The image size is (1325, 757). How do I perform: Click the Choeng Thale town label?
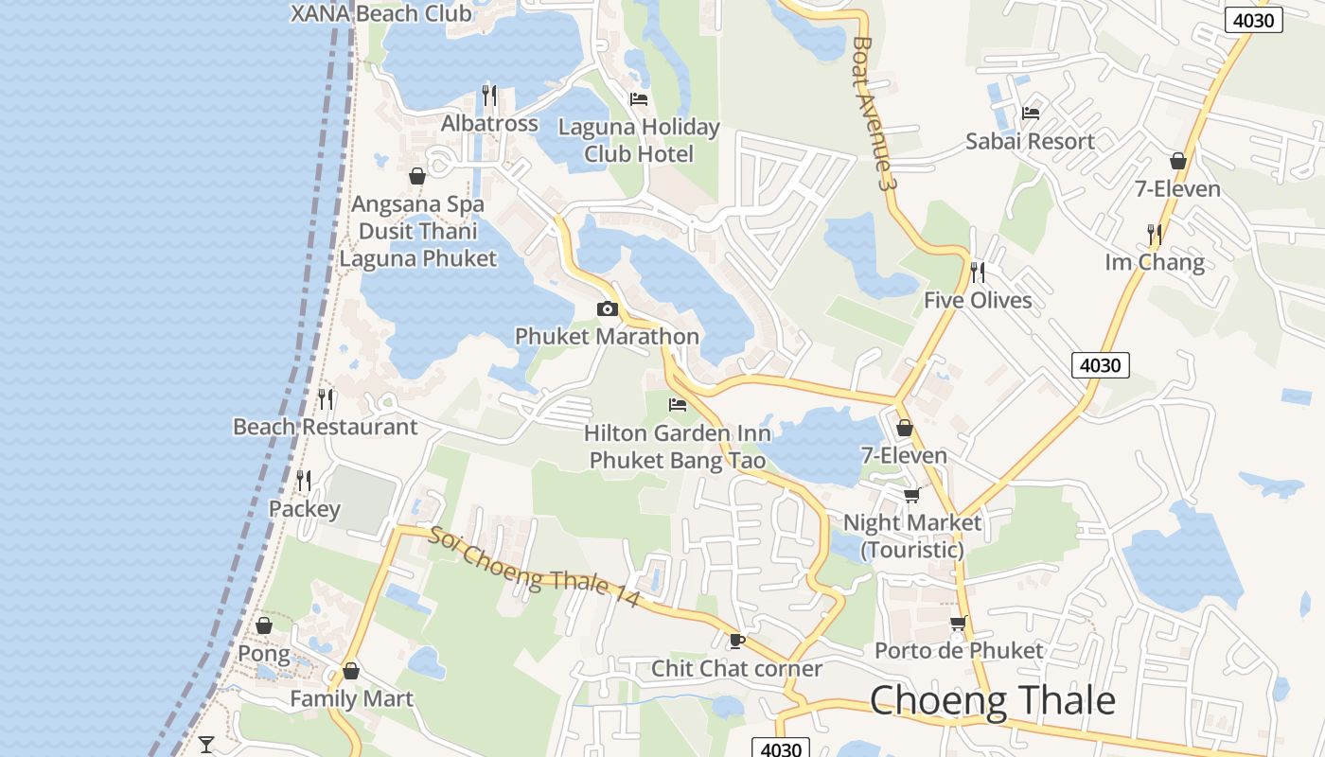(992, 701)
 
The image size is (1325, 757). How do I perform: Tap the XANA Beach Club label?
(380, 13)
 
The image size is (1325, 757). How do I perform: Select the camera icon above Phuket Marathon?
(608, 309)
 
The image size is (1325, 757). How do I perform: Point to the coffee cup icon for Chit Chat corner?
(737, 641)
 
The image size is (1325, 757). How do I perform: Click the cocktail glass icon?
(206, 744)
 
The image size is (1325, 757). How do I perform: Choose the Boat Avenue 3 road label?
(873, 113)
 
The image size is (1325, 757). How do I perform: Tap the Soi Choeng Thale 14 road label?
(535, 568)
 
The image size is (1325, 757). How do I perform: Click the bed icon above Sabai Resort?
(1031, 114)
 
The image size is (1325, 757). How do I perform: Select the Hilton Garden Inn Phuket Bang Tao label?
(678, 447)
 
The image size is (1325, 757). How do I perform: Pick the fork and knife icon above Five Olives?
(978, 273)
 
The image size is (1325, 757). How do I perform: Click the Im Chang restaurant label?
(1155, 262)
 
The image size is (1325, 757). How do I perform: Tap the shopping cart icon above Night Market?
(912, 495)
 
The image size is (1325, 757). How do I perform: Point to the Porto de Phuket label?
(959, 650)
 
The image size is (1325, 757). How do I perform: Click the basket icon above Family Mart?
(351, 671)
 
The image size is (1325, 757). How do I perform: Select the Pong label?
(264, 654)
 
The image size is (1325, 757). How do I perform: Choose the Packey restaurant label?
(304, 509)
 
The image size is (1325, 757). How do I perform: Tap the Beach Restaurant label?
(325, 427)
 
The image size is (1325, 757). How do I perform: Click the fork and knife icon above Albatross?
(489, 95)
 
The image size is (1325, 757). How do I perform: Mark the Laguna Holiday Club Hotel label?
(639, 140)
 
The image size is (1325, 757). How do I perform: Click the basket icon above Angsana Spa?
(417, 176)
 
